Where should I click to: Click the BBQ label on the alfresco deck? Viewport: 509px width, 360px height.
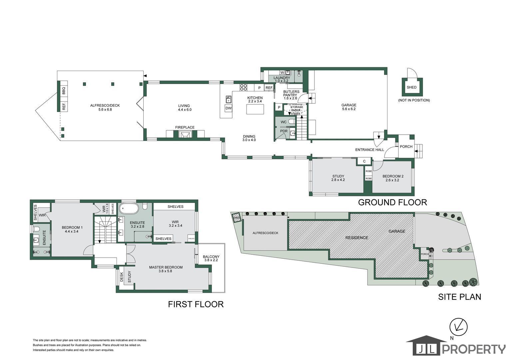click(64, 91)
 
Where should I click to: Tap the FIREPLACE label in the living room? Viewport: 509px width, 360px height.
click(185, 127)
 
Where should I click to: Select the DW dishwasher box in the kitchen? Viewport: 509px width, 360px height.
click(229, 108)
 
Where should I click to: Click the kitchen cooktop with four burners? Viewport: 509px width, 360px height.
click(244, 87)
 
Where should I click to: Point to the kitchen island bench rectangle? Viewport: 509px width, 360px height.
click(255, 109)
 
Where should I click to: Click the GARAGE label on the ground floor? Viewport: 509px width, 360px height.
click(349, 105)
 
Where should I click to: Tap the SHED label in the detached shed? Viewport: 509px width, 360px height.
click(411, 87)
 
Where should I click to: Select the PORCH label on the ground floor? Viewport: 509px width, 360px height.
click(406, 147)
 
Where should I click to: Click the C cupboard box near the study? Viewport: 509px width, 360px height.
click(364, 161)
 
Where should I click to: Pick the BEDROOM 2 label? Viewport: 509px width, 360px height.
click(393, 176)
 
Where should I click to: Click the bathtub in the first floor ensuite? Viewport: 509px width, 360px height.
click(128, 208)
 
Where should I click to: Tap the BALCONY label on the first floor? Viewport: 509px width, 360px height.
click(211, 257)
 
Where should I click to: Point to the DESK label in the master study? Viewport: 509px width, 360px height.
click(122, 277)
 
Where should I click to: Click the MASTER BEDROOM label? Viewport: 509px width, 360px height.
click(166, 267)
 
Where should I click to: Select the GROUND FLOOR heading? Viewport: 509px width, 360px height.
click(392, 202)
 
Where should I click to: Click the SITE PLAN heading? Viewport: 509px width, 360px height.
click(459, 297)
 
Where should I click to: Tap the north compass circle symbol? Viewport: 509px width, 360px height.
click(459, 327)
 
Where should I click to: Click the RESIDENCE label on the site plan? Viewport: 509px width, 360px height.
click(356, 238)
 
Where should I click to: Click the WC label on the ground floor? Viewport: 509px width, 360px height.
click(283, 122)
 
